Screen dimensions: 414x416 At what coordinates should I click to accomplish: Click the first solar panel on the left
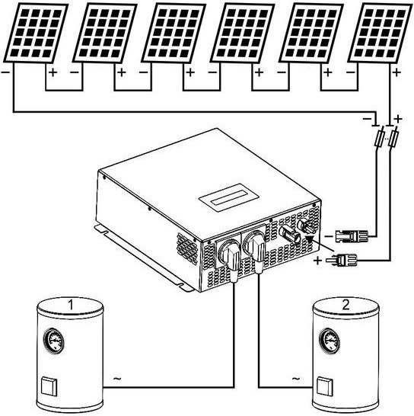pyautogui.click(x=36, y=34)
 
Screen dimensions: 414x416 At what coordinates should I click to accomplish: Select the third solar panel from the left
pyautogui.click(x=174, y=34)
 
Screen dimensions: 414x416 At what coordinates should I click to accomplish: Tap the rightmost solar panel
pyautogui.click(x=380, y=34)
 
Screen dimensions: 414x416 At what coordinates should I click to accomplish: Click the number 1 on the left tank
pyautogui.click(x=71, y=305)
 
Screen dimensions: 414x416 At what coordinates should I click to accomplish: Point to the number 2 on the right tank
pyautogui.click(x=346, y=305)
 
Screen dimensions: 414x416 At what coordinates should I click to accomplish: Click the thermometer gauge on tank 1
pyautogui.click(x=54, y=341)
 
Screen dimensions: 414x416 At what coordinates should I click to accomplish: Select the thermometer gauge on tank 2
pyautogui.click(x=330, y=341)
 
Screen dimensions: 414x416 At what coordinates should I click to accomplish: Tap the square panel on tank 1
pyautogui.click(x=49, y=387)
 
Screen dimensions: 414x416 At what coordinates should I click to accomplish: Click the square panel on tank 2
pyautogui.click(x=325, y=387)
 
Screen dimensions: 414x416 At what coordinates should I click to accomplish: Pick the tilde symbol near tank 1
pyautogui.click(x=117, y=378)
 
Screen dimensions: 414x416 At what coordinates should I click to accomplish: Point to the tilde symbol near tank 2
pyautogui.click(x=296, y=378)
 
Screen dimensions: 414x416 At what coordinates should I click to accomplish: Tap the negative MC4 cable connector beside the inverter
pyautogui.click(x=352, y=236)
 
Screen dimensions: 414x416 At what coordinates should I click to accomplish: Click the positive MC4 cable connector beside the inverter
pyautogui.click(x=342, y=260)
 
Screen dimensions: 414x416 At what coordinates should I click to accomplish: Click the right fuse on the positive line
pyautogui.click(x=393, y=136)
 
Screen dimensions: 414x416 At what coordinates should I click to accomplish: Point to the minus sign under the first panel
pyautogui.click(x=5, y=72)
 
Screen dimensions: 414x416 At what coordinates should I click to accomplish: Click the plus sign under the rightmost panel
pyautogui.click(x=396, y=72)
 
